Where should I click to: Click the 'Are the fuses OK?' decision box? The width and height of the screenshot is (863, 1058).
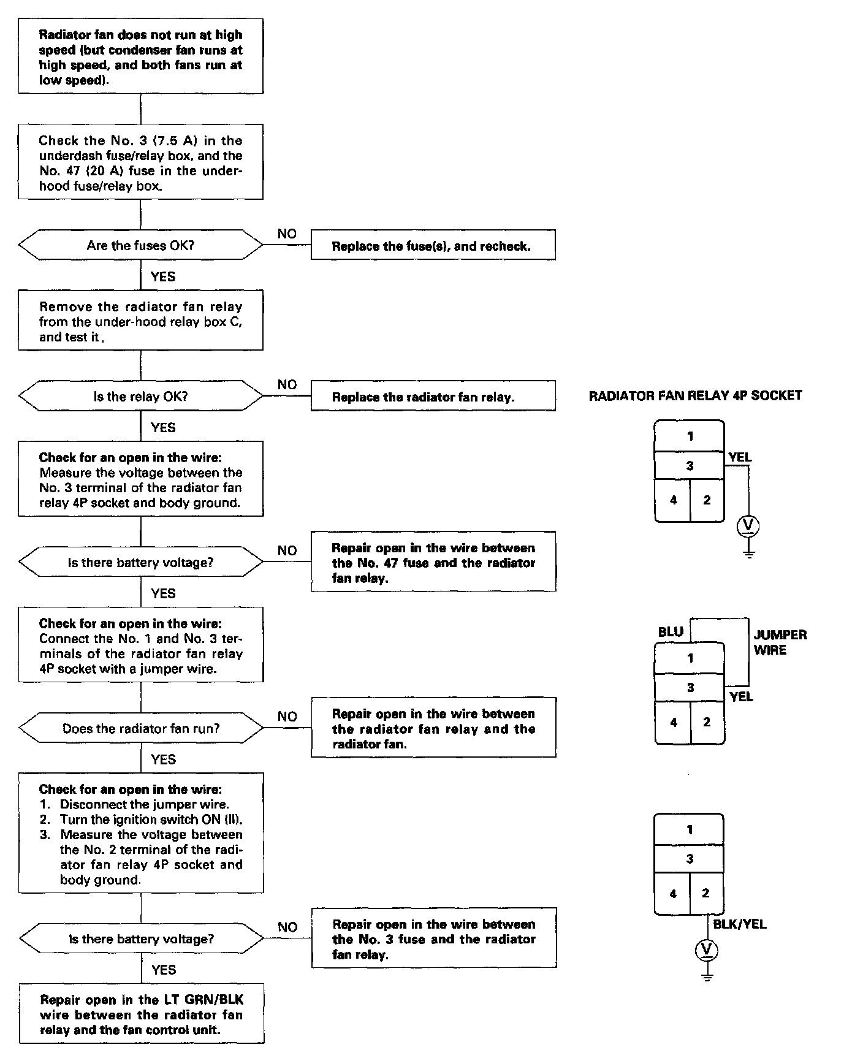pyautogui.click(x=140, y=245)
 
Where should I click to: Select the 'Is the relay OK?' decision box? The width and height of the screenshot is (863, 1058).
pyautogui.click(x=140, y=396)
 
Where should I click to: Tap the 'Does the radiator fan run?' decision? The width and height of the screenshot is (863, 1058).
pyautogui.click(x=140, y=728)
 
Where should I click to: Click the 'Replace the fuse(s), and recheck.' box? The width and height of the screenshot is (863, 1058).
pyautogui.click(x=433, y=245)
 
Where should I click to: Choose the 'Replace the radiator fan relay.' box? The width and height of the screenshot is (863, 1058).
pyautogui.click(x=433, y=396)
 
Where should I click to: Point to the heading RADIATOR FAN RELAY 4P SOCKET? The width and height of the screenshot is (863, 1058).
pyautogui.click(x=695, y=395)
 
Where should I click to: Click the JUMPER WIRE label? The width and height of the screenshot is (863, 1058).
pyautogui.click(x=780, y=642)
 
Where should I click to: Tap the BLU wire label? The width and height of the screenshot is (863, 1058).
pyautogui.click(x=671, y=631)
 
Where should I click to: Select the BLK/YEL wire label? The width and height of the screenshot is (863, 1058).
pyautogui.click(x=739, y=924)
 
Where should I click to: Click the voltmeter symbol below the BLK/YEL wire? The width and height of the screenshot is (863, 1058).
pyautogui.click(x=707, y=950)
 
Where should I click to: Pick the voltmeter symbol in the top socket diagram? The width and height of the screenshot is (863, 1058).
pyautogui.click(x=748, y=525)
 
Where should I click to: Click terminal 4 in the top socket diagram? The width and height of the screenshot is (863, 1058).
pyautogui.click(x=673, y=500)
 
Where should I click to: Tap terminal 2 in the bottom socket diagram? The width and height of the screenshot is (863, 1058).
pyautogui.click(x=705, y=893)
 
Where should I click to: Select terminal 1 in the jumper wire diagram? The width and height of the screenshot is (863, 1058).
pyautogui.click(x=690, y=658)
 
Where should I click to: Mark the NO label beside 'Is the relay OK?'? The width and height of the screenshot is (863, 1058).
pyautogui.click(x=287, y=384)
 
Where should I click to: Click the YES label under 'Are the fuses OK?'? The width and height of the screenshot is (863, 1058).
pyautogui.click(x=163, y=276)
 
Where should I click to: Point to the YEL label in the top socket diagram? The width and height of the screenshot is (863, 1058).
pyautogui.click(x=740, y=457)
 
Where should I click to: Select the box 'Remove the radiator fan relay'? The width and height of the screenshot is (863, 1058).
pyautogui.click(x=140, y=321)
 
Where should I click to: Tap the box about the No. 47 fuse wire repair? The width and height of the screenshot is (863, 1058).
pyautogui.click(x=433, y=562)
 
